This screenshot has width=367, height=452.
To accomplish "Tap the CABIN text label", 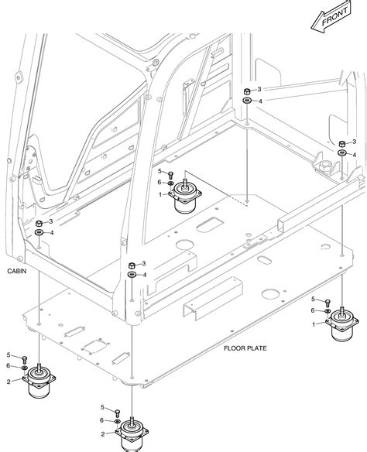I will (x=16, y=272).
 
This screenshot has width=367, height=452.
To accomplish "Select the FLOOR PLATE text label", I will (x=245, y=348).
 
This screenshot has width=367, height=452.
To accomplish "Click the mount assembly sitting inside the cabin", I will (x=186, y=197).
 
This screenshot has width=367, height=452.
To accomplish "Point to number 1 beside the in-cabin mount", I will (x=160, y=194).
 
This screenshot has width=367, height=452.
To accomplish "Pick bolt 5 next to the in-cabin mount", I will (x=170, y=174).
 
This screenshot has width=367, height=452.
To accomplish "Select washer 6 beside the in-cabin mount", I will (x=170, y=183).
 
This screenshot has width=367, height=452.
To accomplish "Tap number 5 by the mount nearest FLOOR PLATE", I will (x=314, y=299).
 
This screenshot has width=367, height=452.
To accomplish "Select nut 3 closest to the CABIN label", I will (x=39, y=223).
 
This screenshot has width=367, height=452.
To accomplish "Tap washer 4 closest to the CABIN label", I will (x=39, y=233).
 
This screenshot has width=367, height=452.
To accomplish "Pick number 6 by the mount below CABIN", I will (x=9, y=366).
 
